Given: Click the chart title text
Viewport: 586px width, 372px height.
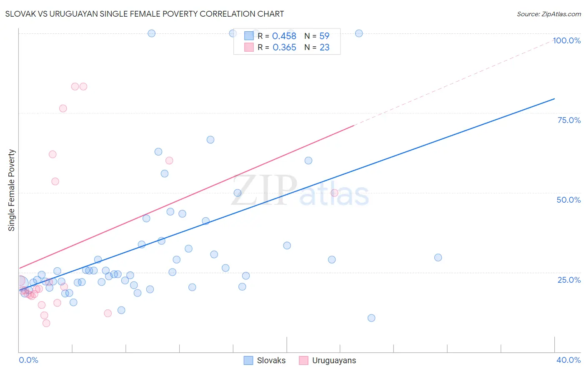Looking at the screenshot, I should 145,14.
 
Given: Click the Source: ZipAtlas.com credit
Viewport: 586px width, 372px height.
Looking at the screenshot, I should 548,14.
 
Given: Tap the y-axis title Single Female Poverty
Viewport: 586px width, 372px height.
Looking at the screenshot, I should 12,190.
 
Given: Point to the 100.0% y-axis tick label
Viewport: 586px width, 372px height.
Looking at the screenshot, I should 566,40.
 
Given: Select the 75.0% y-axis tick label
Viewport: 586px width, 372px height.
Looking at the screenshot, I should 569,120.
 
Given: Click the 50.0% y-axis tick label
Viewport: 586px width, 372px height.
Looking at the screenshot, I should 568,200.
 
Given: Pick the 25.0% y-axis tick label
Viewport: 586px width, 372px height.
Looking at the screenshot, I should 569,280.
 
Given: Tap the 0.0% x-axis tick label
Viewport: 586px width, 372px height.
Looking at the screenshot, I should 28,360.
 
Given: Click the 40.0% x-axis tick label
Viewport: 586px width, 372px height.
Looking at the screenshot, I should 568,360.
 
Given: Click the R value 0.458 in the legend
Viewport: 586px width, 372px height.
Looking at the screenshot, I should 284,36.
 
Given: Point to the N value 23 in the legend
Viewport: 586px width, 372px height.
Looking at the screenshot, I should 324,48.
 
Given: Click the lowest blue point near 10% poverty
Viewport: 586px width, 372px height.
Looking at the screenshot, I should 371,318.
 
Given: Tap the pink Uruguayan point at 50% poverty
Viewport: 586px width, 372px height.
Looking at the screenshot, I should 334,193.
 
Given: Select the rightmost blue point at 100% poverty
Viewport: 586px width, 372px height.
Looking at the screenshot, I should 359,33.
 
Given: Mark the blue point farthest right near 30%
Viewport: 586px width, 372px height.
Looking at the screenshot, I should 438,257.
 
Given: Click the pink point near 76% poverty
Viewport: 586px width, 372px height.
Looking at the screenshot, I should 63,108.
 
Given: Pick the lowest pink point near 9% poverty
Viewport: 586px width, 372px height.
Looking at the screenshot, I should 46,323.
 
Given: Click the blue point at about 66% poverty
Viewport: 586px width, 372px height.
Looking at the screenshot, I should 210,140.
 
